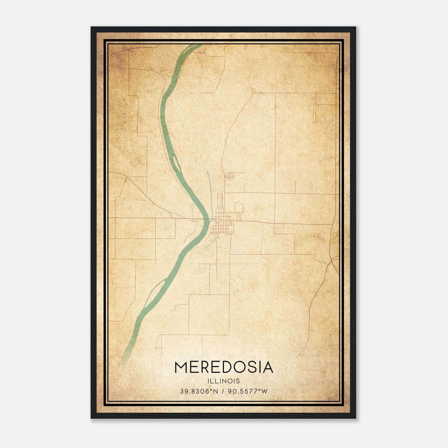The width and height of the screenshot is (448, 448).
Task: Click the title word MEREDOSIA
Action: click(224, 367)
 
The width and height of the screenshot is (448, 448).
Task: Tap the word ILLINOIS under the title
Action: click(224, 381)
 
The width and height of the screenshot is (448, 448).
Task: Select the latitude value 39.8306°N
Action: click(199, 391)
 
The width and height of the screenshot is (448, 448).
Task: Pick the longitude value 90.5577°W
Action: click(248, 391)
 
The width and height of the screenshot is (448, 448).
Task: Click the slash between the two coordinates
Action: click(223, 391)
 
